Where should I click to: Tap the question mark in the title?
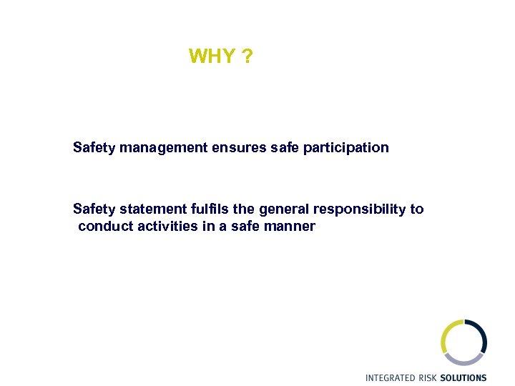(247, 56)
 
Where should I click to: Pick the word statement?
(153, 209)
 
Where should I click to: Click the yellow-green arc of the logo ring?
(445, 336)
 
